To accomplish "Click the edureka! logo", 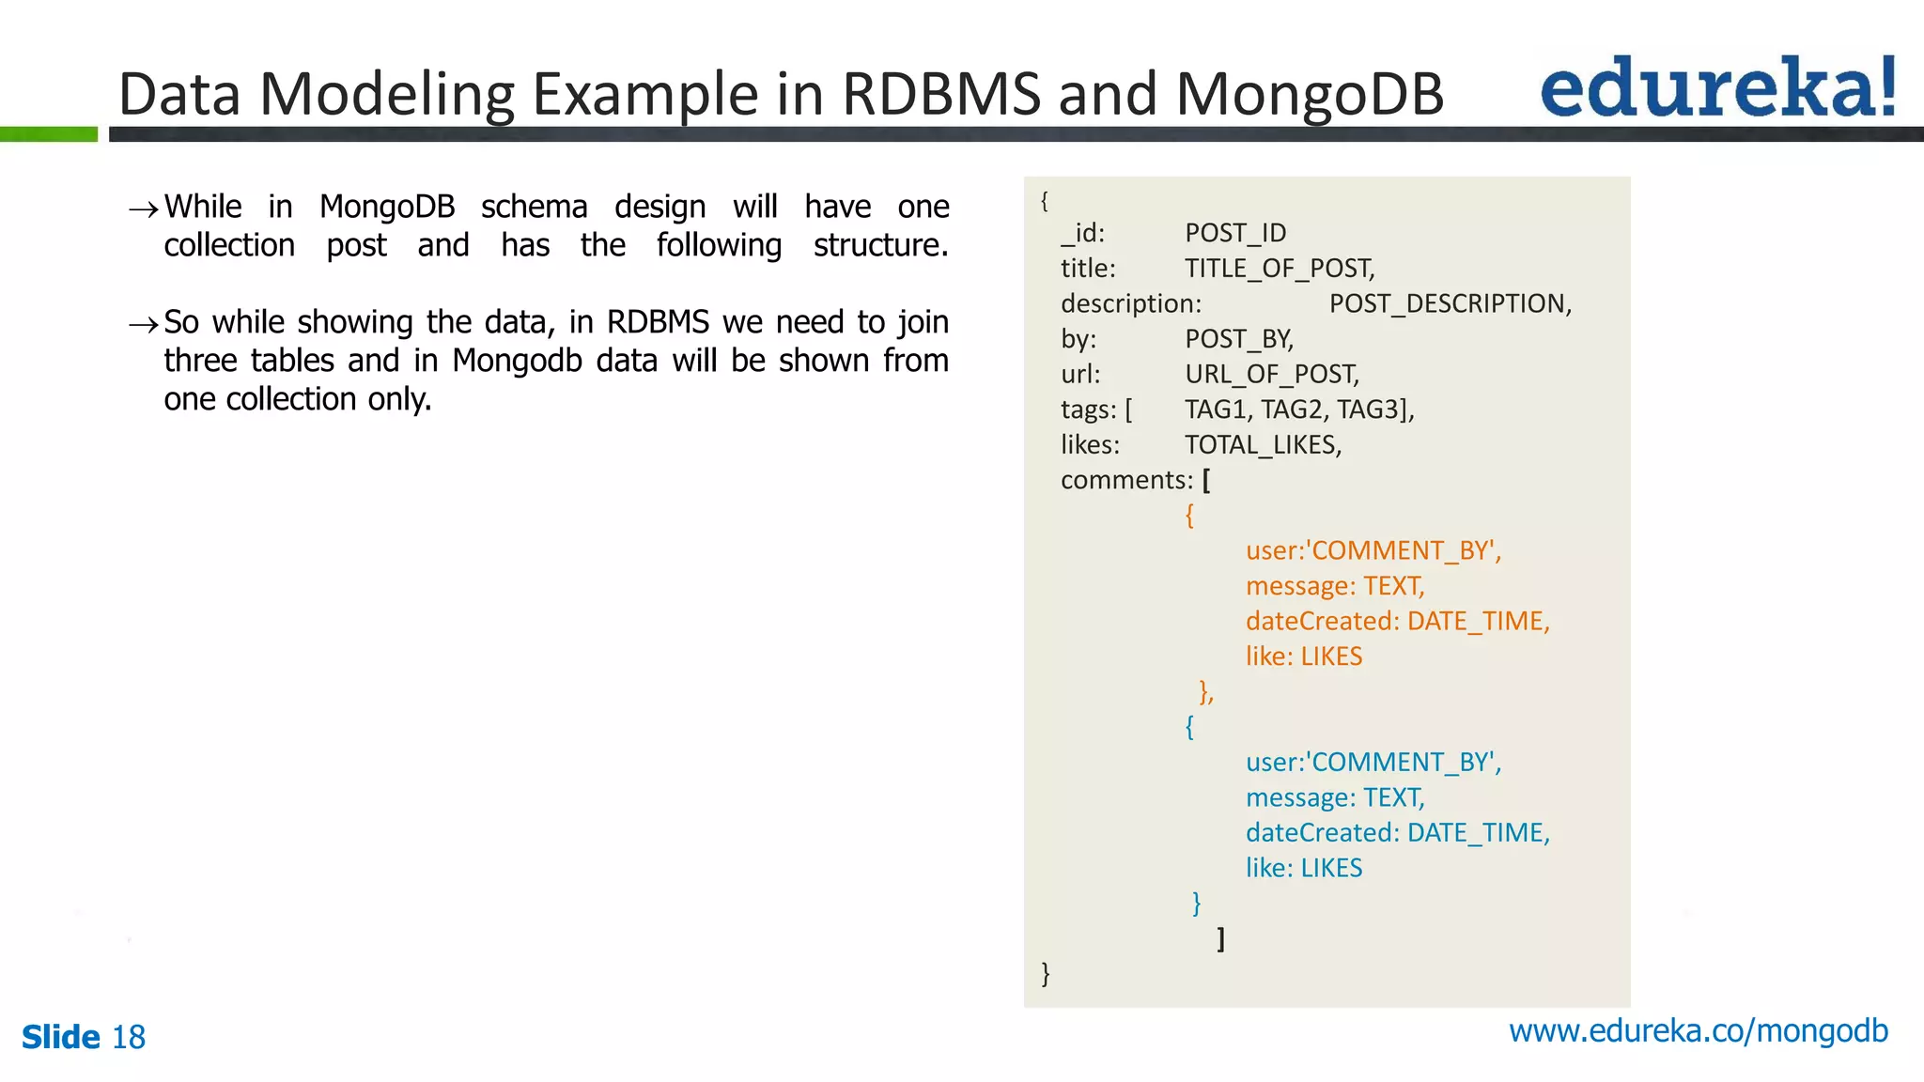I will click(1717, 87).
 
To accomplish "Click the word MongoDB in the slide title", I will click(1310, 94).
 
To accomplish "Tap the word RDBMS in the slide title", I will click(940, 94).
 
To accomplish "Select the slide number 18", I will click(129, 1038).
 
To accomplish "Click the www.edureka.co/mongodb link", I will click(1698, 1031).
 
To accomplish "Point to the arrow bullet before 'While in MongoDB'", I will click(143, 209).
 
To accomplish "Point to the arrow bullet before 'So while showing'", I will click(143, 325).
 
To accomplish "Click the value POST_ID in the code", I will click(1235, 233).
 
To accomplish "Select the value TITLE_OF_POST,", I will click(1280, 269).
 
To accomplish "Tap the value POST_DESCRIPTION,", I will click(1450, 304).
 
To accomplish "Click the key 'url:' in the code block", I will click(1080, 375).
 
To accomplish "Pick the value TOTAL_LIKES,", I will click(1263, 445).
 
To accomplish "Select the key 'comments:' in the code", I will click(1126, 480).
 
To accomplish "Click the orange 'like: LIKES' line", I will click(1303, 657).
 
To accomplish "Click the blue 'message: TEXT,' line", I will click(1335, 797).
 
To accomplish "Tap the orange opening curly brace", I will click(1189, 515).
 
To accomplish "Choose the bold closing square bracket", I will click(1220, 938).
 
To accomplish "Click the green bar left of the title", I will click(49, 134).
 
